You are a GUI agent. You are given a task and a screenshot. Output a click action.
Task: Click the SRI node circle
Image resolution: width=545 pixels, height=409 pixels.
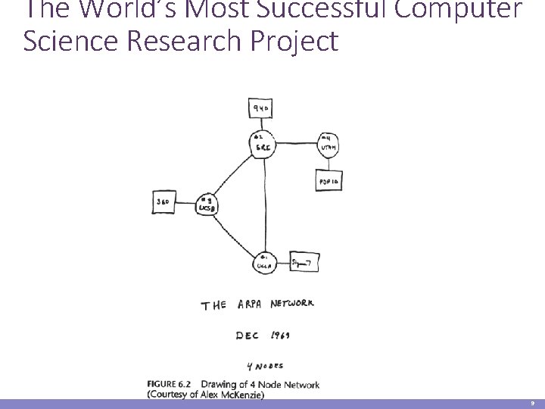(x=263, y=144)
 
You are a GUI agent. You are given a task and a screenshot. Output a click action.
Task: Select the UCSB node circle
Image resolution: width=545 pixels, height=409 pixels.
(x=205, y=203)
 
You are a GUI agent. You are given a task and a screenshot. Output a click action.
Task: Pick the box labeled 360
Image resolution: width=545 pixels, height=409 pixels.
(x=164, y=202)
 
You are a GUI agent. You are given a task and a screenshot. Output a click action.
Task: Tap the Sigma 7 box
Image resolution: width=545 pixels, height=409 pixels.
(x=304, y=262)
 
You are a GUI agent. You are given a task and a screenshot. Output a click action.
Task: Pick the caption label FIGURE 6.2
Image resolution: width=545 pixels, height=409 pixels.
(x=171, y=385)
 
